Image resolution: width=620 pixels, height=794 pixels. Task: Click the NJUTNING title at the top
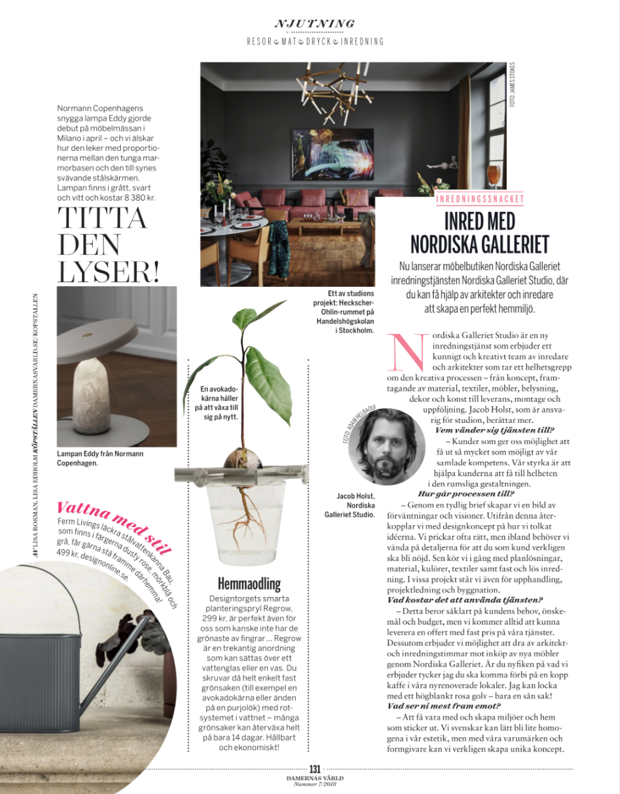(x=315, y=24)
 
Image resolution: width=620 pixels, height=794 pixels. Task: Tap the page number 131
(x=315, y=769)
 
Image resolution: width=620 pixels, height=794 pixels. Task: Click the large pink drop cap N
(x=408, y=353)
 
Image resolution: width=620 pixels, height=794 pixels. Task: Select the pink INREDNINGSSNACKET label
(x=480, y=199)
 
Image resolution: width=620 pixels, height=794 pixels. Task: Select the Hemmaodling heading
(x=249, y=584)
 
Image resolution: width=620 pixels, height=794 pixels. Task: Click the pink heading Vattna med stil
(x=114, y=527)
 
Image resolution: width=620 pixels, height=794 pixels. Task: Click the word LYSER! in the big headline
(x=108, y=272)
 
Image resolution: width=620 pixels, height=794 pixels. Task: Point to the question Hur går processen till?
(x=466, y=494)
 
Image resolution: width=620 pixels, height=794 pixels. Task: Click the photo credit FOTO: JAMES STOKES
(x=512, y=84)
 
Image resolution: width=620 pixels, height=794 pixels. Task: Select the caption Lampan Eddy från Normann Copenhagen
(x=100, y=458)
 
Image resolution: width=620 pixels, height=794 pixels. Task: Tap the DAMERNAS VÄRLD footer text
(x=315, y=778)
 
